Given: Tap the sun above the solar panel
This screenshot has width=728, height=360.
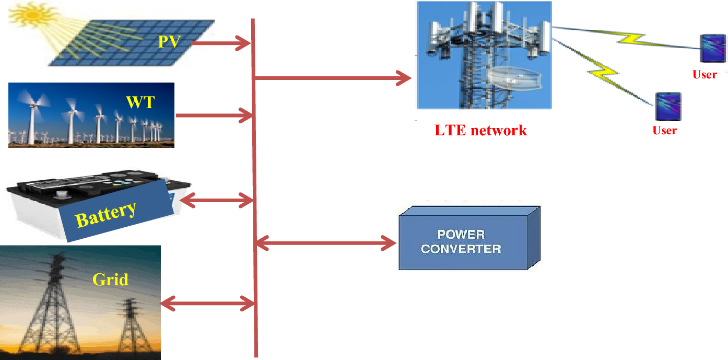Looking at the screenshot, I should coord(32,15).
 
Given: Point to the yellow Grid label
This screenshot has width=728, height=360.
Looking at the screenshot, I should coord(110,279).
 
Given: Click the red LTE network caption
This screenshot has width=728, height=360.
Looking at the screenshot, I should coord(480,130).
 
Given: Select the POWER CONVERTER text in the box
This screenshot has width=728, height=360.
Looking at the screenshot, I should coord(461,242).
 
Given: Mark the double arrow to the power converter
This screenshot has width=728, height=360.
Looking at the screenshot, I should coord(325,242).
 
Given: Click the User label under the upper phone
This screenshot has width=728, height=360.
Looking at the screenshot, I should coord(704,74).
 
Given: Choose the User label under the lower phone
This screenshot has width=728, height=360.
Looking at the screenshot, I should coord(664,130).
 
